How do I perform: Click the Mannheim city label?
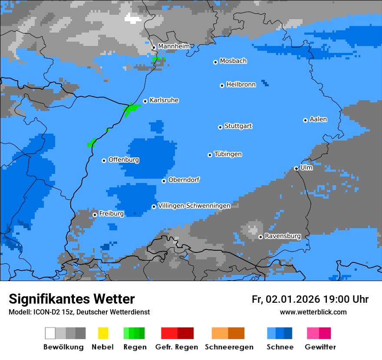174,46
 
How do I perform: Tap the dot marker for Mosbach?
215,62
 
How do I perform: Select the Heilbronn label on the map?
241,85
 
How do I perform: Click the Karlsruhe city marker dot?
145,101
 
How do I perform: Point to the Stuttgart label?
238,126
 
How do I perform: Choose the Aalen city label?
318,119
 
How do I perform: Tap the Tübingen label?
228,154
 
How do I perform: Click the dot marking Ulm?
296,169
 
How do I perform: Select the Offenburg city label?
124,160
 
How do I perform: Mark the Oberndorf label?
184,180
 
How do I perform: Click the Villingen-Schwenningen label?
194,206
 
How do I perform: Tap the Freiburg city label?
111,214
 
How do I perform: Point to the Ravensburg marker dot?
260,237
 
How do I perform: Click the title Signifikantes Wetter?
72,299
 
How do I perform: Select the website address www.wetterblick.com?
313,312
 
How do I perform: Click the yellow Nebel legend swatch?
103,333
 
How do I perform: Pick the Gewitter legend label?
320,347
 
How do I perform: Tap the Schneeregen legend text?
229,347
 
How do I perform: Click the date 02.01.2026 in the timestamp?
293,299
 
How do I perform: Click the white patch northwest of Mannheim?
133,18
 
